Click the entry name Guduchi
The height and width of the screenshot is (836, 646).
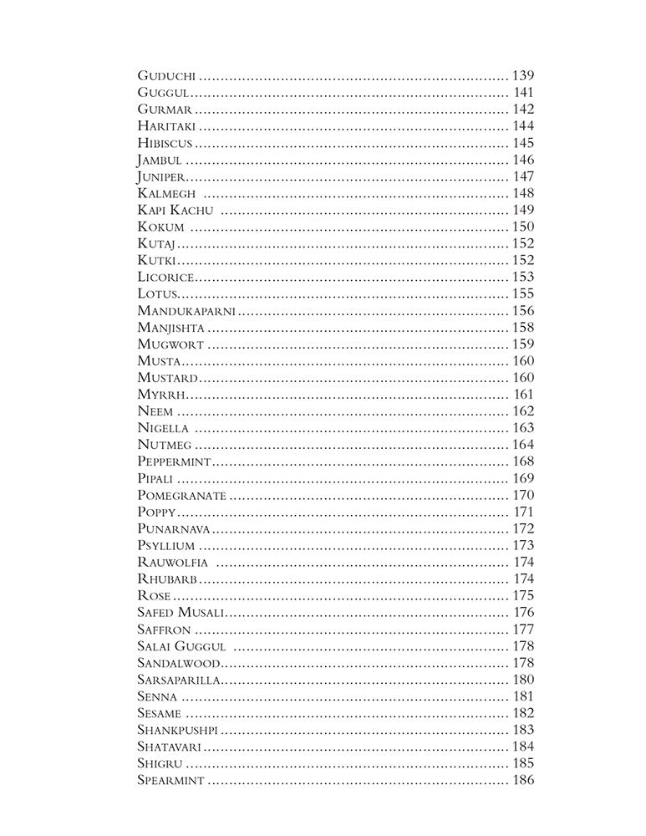(166, 76)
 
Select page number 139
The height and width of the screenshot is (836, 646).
(522, 76)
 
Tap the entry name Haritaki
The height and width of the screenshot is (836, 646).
(167, 126)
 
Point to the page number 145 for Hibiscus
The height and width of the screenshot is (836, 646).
(522, 143)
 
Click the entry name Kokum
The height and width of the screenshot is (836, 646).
(160, 227)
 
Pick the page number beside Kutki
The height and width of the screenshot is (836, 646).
(522, 260)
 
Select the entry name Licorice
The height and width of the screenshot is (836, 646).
(166, 277)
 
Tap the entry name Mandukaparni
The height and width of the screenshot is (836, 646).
(186, 311)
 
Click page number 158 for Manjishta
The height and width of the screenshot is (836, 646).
(522, 328)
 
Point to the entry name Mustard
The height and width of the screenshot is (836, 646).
(168, 378)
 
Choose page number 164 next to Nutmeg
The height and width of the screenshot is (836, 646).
(522, 445)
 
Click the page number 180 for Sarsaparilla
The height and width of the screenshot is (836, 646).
(522, 680)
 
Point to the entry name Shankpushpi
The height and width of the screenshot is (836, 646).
(178, 730)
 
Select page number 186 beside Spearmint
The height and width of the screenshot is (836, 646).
(522, 781)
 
